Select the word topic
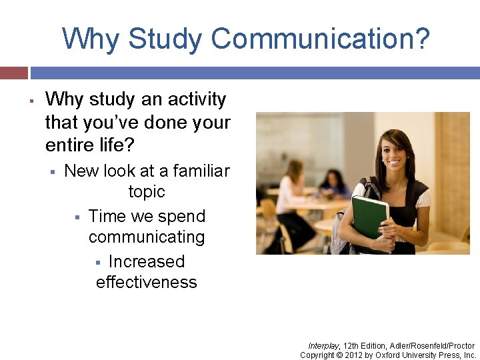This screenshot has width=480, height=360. point(146,192)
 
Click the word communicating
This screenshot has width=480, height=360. point(146,237)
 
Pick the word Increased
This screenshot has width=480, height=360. point(146,261)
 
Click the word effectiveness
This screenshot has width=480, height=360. point(146,283)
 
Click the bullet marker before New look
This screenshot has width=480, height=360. point(51,173)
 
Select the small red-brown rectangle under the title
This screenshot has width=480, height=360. point(13,73)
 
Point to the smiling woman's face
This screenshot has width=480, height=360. point(395,153)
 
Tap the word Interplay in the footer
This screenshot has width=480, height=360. point(323,346)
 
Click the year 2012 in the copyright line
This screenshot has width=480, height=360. point(353,355)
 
